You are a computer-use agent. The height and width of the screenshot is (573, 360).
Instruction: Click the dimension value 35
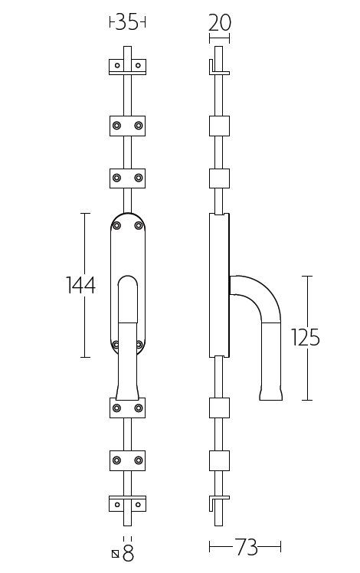[x=127, y=23]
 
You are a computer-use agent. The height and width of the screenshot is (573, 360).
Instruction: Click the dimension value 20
[x=219, y=23]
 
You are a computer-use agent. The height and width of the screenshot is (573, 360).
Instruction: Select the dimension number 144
[x=80, y=286]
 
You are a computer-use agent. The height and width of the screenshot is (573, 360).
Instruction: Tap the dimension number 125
[x=306, y=337]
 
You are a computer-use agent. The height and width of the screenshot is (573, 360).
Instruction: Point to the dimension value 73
[x=246, y=547]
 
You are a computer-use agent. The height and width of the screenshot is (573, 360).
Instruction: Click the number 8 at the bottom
[x=128, y=553]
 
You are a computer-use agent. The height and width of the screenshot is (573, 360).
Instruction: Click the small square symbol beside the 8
[x=115, y=554]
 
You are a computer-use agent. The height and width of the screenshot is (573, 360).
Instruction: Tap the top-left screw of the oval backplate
[x=117, y=224]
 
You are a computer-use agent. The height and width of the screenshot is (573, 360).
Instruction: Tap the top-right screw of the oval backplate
[x=139, y=224]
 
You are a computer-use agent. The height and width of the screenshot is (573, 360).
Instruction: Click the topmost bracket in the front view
[x=127, y=66]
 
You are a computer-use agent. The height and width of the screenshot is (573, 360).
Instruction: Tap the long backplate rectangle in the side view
[x=219, y=285]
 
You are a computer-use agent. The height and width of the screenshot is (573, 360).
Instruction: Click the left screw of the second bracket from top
[x=116, y=125]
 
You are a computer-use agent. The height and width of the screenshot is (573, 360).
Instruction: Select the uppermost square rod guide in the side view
[x=219, y=125]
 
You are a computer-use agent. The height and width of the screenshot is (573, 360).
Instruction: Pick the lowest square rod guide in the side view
[x=219, y=460]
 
